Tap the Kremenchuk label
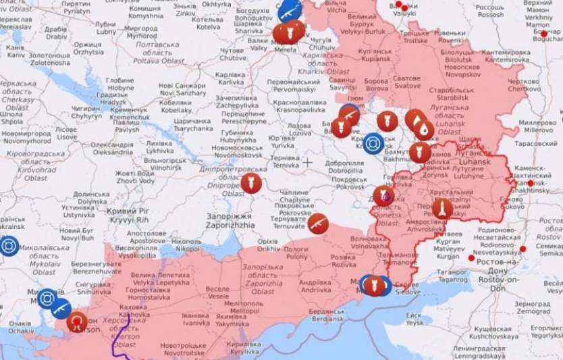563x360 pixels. (x=129, y=113)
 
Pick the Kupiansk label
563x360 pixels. (x=376, y=55)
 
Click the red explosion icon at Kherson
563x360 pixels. (x=78, y=322)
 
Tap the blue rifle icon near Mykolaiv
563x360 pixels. (x=61, y=309)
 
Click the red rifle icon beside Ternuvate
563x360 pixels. (x=318, y=223)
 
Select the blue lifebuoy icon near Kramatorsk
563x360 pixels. (x=373, y=143)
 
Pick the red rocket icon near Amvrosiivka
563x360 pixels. (x=442, y=209)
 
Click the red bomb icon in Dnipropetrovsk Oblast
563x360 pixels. (x=251, y=182)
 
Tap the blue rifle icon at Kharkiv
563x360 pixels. (x=290, y=10)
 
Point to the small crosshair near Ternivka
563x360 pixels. (x=308, y=162)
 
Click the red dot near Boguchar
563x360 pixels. (x=544, y=33)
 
